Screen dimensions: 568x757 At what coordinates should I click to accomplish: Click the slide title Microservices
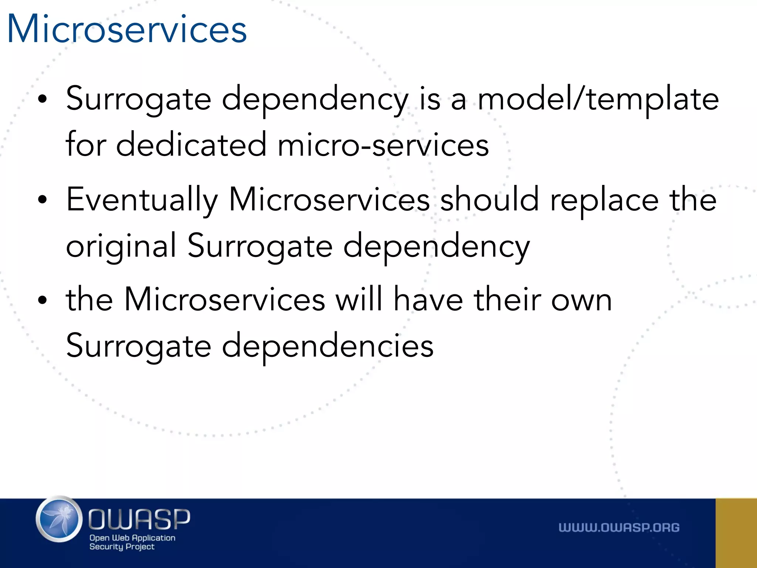pyautogui.click(x=127, y=29)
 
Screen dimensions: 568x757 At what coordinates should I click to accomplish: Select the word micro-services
pyautogui.click(x=383, y=145)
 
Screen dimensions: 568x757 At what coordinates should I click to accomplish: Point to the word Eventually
pyautogui.click(x=142, y=200)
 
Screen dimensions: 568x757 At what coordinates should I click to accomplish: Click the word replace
pyautogui.click(x=604, y=200)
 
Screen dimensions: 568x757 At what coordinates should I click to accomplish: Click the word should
pyautogui.click(x=489, y=200)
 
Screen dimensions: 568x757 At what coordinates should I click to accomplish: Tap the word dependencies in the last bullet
pyautogui.click(x=327, y=345)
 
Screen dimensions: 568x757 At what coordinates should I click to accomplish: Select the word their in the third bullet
pyautogui.click(x=507, y=300)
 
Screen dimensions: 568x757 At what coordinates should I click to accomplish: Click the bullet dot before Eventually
pyautogui.click(x=43, y=200)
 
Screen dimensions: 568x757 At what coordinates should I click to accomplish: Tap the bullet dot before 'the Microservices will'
pyautogui.click(x=43, y=300)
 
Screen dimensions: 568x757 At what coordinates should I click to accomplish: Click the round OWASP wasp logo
pyautogui.click(x=59, y=519)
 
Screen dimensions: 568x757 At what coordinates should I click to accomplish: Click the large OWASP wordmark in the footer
pyautogui.click(x=139, y=519)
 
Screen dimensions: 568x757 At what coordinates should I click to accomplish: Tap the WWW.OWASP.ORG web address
pyautogui.click(x=619, y=527)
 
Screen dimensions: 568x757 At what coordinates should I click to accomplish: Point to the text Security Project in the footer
pyautogui.click(x=122, y=547)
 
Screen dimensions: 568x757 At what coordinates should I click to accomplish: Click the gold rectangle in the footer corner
pyautogui.click(x=736, y=533)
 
